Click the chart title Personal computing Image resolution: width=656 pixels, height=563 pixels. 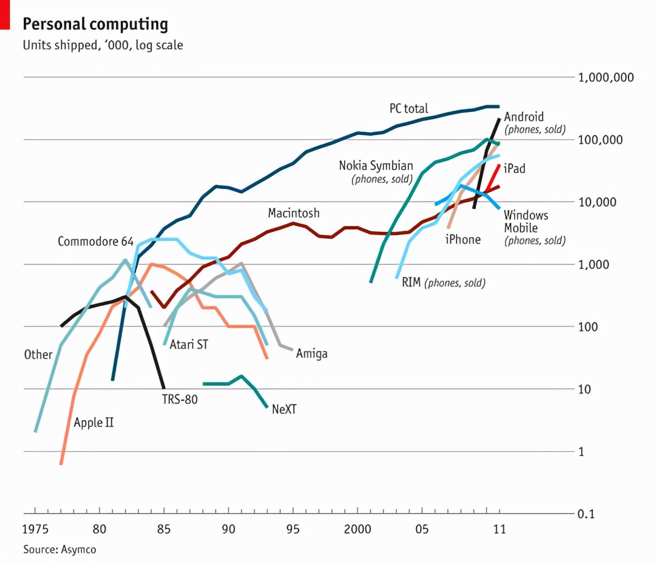[x=95, y=24]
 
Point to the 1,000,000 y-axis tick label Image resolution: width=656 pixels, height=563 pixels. [x=606, y=77]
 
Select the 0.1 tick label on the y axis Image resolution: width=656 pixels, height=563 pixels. [x=586, y=514]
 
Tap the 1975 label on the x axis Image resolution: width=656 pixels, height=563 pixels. [x=35, y=529]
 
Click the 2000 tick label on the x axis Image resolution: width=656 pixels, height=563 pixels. [x=357, y=529]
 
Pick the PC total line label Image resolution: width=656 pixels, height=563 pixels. [x=408, y=109]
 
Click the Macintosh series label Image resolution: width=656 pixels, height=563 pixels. [x=293, y=213]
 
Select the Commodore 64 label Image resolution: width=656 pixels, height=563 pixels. [x=95, y=241]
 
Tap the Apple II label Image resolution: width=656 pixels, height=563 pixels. [x=94, y=423]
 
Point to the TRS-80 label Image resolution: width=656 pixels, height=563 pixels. [x=179, y=399]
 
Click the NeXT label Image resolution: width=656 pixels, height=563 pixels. [x=284, y=409]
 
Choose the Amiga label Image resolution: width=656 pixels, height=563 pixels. [x=311, y=354]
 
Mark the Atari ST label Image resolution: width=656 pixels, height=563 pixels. [x=189, y=344]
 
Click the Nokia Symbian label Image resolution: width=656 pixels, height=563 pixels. [x=375, y=166]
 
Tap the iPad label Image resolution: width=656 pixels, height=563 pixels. [x=514, y=169]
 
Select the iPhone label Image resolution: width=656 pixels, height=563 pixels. [x=463, y=240]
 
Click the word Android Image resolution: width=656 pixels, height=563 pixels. [x=524, y=117]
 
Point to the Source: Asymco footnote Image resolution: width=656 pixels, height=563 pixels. [x=60, y=549]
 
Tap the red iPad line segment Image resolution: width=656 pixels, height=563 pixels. [x=494, y=176]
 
